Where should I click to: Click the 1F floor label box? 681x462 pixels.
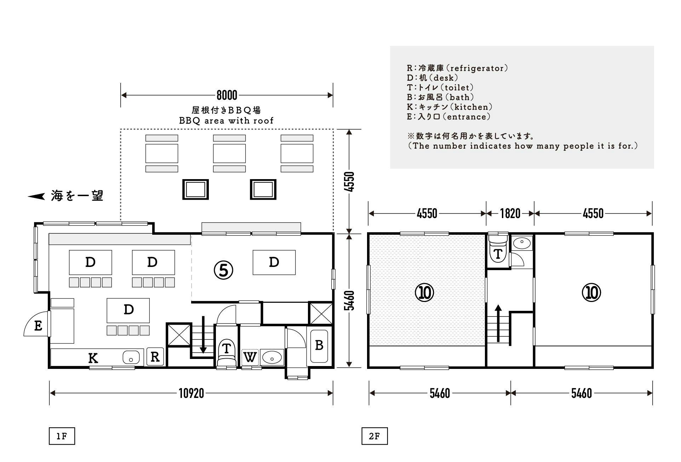(62, 436)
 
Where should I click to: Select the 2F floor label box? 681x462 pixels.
(374, 436)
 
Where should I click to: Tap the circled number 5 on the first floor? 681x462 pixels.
(223, 270)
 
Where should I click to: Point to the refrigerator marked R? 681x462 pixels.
(155, 357)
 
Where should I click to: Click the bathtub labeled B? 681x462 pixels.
(319, 346)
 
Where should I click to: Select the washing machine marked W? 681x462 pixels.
(250, 357)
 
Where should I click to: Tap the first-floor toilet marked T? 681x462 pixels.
(226, 353)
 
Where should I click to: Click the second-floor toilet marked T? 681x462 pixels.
(498, 251)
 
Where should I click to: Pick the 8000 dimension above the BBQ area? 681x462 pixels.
(227, 95)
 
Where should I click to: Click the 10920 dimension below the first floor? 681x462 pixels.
(191, 393)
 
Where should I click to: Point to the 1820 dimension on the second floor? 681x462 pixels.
(510, 213)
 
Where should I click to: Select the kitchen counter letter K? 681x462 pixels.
(93, 358)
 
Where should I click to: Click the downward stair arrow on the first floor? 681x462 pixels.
(203, 335)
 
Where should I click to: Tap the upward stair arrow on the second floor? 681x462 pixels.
(498, 323)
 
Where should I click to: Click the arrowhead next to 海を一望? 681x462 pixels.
(36, 196)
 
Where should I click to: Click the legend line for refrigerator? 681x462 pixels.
(457, 68)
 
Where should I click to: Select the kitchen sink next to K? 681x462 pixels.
(131, 357)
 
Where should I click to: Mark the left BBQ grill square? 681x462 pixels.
(195, 189)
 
